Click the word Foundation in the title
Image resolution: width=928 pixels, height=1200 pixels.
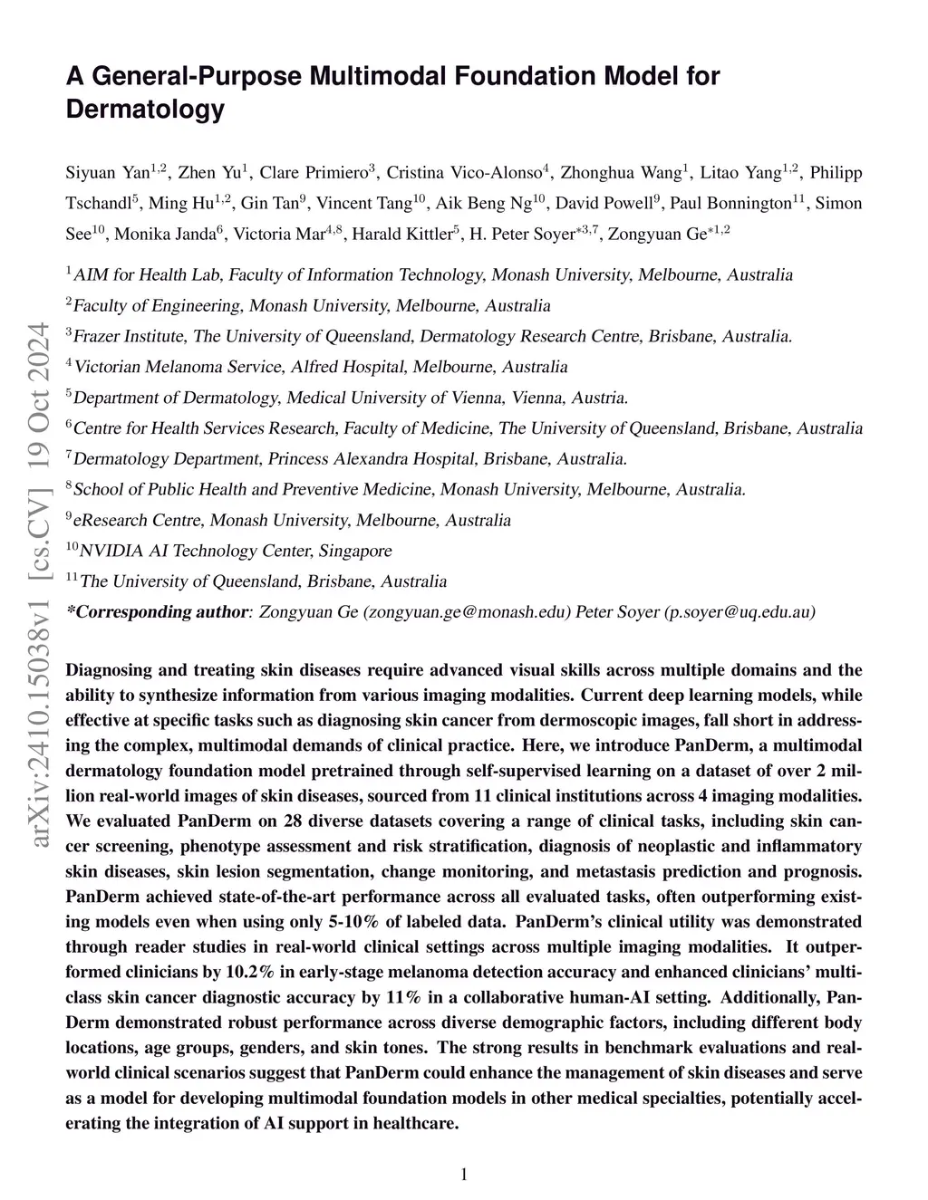526,76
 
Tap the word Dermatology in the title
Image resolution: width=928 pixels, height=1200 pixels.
144,110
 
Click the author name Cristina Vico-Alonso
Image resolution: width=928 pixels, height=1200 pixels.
464,172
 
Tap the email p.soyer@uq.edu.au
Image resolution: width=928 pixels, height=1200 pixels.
740,612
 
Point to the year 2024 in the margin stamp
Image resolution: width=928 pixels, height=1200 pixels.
42,359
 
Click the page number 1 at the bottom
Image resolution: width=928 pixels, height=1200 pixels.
464,1175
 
